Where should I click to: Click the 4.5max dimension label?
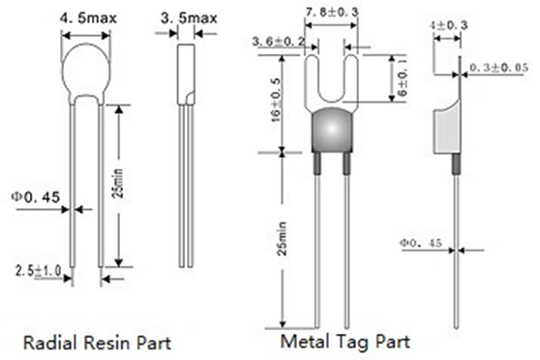pyautogui.click(x=88, y=18)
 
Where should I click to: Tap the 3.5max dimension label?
pyautogui.click(x=189, y=18)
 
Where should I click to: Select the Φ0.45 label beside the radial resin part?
pyautogui.click(x=36, y=197)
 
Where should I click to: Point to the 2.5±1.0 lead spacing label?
pyautogui.click(x=39, y=270)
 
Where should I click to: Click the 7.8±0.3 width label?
pyautogui.click(x=332, y=13)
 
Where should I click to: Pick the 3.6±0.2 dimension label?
pyautogui.click(x=279, y=42)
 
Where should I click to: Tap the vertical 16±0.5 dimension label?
pyautogui.click(x=276, y=101)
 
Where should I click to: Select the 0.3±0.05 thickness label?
pyautogui.click(x=498, y=68)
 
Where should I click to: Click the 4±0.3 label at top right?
pyautogui.click(x=449, y=25)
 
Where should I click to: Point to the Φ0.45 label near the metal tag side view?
pyautogui.click(x=421, y=243)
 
